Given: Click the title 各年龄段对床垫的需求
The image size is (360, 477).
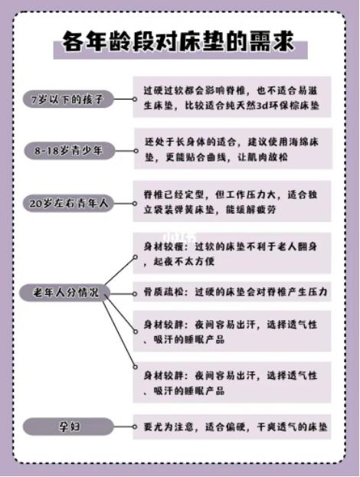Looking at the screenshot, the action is (178, 41).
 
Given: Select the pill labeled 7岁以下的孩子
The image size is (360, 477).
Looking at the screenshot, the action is (68, 100).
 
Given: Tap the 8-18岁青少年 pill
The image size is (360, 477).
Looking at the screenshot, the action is (70, 151).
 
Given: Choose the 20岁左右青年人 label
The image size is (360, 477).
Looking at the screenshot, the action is (68, 203).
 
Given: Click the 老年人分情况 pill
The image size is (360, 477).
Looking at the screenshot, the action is (65, 292).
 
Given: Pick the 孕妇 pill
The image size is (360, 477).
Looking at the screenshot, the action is (68, 426).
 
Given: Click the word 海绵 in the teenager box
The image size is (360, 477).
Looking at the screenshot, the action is (299, 142).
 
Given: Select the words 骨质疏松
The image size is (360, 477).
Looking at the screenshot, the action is (164, 292).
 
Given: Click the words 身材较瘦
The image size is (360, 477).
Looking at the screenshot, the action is (164, 247).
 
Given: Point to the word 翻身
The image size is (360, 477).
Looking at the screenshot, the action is (308, 247).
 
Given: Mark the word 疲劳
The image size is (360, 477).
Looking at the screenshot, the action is (267, 210).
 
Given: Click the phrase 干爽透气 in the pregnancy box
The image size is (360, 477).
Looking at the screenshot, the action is (277, 426).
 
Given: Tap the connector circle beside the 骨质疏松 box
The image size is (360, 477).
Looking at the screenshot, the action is (135, 294).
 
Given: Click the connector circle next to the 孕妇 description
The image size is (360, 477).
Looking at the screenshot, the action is (135, 426).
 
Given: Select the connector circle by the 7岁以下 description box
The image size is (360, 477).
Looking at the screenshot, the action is (135, 100).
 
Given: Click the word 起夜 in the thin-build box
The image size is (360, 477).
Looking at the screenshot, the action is (163, 261).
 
